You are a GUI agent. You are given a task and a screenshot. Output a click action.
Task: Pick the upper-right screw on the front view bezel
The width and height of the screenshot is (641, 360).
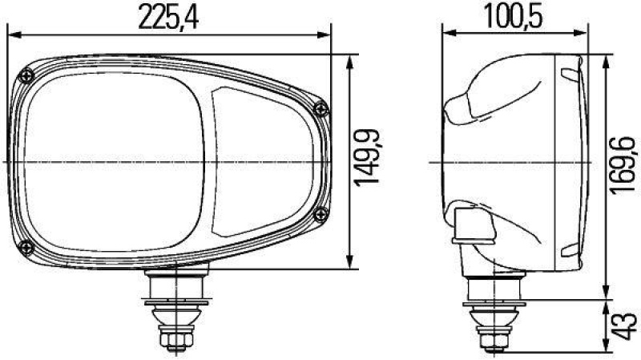click(322, 109)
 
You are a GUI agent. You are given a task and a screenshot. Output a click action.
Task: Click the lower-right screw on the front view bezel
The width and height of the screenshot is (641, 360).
click(320, 212)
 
